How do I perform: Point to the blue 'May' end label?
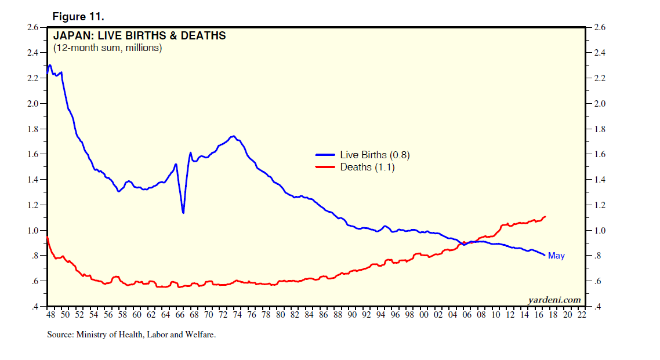(556, 256)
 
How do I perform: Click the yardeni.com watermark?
(554, 300)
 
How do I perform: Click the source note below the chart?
(131, 334)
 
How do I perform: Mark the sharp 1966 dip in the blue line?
(183, 213)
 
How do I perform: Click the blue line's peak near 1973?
(233, 136)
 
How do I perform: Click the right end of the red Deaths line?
(546, 216)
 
